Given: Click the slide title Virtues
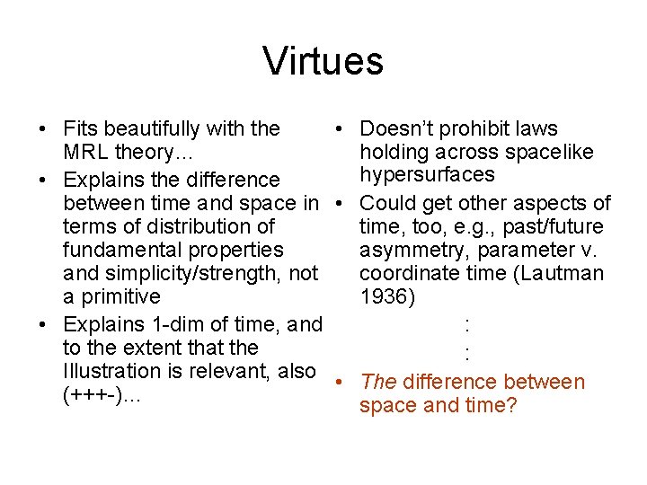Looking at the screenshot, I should [323, 62].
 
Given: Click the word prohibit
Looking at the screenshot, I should [474, 129].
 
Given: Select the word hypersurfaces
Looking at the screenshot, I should [427, 175].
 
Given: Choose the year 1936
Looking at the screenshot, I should [387, 296].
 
